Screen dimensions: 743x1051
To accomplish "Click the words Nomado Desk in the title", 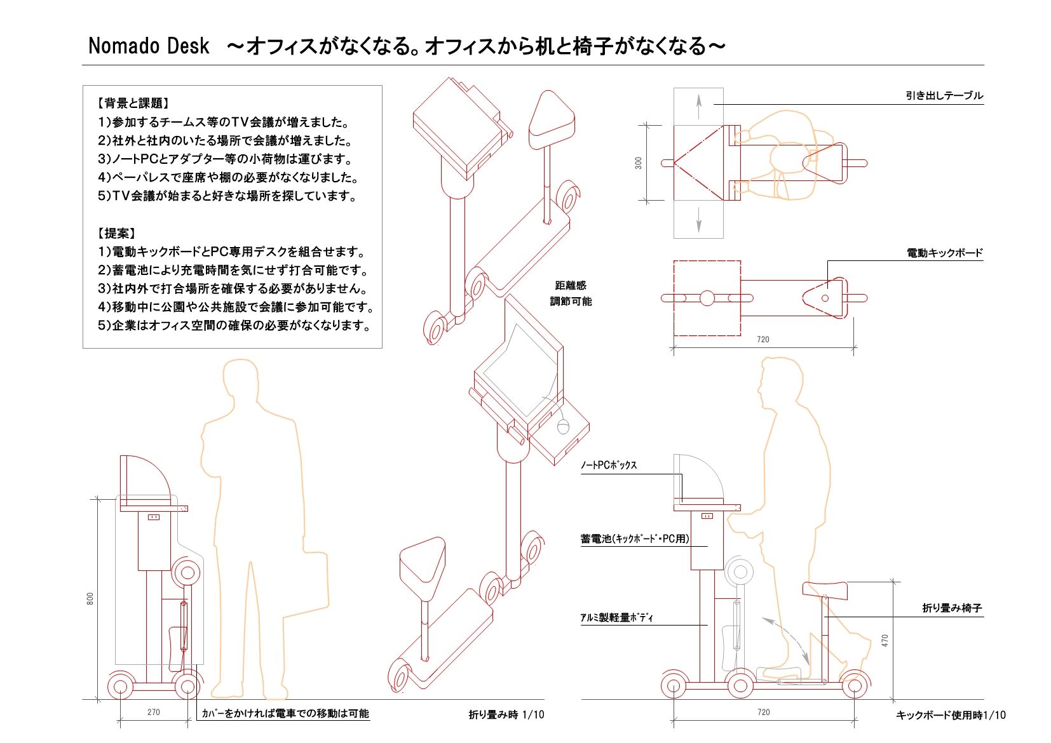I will click(x=149, y=46).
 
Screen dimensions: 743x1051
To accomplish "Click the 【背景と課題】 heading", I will click(x=133, y=103).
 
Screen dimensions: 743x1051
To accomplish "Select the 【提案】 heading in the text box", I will click(x=116, y=233).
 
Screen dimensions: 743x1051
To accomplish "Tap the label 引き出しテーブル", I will click(x=944, y=96).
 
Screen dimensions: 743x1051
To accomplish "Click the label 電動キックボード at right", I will click(x=944, y=253).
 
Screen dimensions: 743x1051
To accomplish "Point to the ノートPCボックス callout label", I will click(x=608, y=465).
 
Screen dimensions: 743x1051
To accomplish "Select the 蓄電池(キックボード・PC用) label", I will click(x=635, y=539).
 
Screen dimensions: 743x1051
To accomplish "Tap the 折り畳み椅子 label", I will click(x=952, y=608).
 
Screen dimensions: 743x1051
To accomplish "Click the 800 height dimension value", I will click(x=90, y=598).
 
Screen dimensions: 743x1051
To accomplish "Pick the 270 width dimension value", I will click(x=154, y=712).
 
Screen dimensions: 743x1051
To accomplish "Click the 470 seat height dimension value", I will click(x=885, y=641).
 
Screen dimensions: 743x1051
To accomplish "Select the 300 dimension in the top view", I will click(x=638, y=163).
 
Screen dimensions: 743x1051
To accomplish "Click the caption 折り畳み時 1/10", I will click(x=506, y=714).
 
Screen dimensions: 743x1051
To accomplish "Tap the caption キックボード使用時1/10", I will click(x=951, y=715).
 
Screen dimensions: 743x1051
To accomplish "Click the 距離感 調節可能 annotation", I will click(x=571, y=293).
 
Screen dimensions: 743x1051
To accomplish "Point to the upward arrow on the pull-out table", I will click(x=698, y=105).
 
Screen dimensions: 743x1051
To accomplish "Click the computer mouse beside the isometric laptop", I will click(x=563, y=425).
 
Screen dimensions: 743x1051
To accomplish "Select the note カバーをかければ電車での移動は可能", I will click(x=285, y=713).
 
